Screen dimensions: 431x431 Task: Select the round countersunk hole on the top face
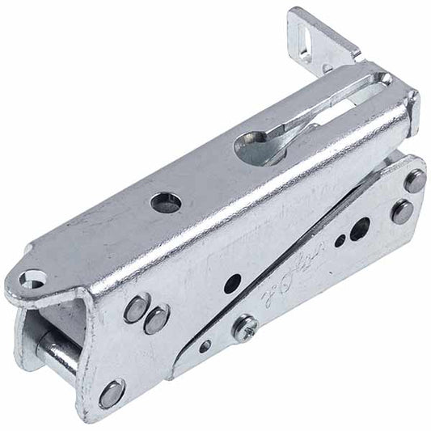[166, 201]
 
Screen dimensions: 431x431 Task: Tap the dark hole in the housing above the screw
[231, 284]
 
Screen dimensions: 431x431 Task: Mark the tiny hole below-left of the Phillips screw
[206, 346]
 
